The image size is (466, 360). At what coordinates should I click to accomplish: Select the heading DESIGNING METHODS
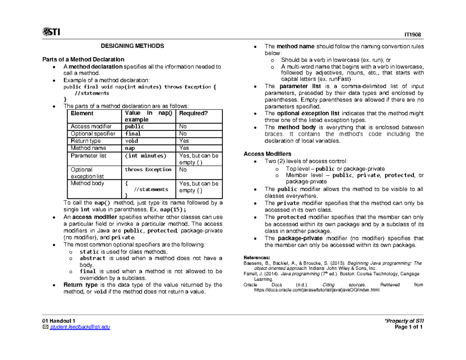click(x=132, y=46)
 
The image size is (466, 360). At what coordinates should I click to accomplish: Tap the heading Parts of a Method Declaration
click(x=83, y=59)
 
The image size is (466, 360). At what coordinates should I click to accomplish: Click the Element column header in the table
click(x=82, y=113)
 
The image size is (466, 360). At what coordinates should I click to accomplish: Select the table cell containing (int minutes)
click(x=145, y=156)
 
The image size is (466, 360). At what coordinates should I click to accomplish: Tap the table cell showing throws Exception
click(x=148, y=170)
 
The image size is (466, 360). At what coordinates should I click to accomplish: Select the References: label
click(x=256, y=258)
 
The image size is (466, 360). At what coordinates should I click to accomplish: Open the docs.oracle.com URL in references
click(x=316, y=290)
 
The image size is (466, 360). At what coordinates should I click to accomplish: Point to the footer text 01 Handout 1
click(x=59, y=320)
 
